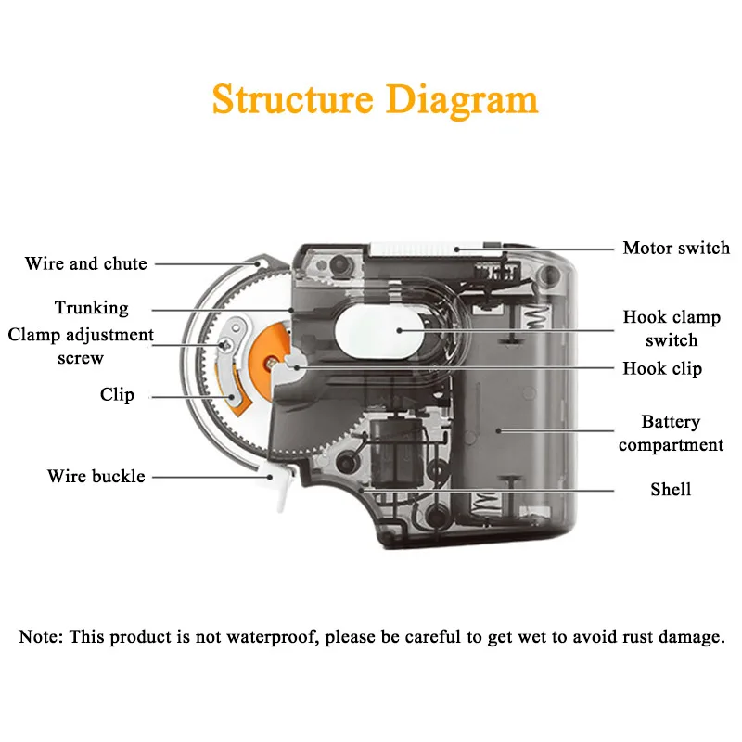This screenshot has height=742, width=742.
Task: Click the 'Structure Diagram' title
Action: coord(375,99)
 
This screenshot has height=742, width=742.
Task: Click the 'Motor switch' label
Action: coord(676,248)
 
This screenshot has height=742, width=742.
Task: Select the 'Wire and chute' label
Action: coord(85,263)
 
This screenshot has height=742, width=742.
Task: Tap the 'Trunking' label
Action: coord(91,308)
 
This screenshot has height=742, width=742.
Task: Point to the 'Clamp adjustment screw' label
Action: coord(81,346)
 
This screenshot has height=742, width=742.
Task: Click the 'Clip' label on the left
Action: coord(117,395)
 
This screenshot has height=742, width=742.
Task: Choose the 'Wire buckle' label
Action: coord(96,477)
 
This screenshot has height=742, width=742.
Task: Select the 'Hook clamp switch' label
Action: coord(672,328)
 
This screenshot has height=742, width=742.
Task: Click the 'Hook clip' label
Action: coord(662,368)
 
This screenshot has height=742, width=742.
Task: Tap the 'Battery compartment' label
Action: coord(671,433)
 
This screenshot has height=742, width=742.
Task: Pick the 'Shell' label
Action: coord(670,489)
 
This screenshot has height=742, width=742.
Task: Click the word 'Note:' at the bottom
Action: coord(40,638)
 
